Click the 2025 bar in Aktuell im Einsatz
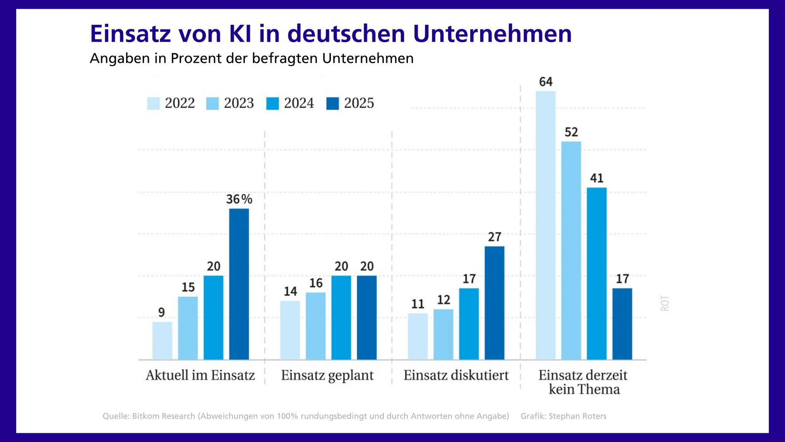point(239,284)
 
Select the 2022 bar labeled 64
point(545,225)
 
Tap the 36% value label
point(239,199)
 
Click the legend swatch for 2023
point(212,103)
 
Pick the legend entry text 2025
point(359,103)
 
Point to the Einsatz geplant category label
point(327,375)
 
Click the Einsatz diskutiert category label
point(456,375)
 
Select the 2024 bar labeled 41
point(597,273)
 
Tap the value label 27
point(494,237)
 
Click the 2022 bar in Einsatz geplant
point(290,330)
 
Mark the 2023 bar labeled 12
point(443,334)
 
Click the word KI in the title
point(240,33)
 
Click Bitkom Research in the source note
point(163,416)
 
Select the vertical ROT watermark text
point(665,303)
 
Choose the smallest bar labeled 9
point(162,341)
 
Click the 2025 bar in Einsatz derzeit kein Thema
point(622,324)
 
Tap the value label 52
point(571,132)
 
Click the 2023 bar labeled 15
point(188,328)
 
